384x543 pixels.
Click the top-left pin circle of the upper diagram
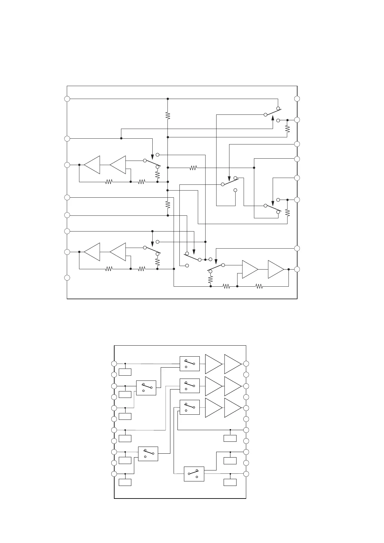67,99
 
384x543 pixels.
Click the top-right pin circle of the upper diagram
297,99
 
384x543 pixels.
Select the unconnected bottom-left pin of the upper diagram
67,278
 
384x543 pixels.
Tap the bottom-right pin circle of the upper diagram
297,269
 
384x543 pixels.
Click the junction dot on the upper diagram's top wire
168,99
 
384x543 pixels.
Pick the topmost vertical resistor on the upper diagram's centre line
168,115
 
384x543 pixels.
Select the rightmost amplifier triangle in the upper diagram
275,269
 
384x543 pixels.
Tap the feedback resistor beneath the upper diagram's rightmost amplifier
259,286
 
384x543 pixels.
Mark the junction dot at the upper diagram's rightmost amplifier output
288,269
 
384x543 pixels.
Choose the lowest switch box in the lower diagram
194,474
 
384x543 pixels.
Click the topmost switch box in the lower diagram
190,364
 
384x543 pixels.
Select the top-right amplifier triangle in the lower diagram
232,364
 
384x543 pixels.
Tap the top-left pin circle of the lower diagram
114,364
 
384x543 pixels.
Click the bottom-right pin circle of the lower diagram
246,474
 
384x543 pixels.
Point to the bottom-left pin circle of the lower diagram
114,474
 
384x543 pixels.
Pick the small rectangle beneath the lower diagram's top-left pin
125,372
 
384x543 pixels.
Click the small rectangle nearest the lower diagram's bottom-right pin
230,482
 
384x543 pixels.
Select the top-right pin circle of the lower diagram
246,364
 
